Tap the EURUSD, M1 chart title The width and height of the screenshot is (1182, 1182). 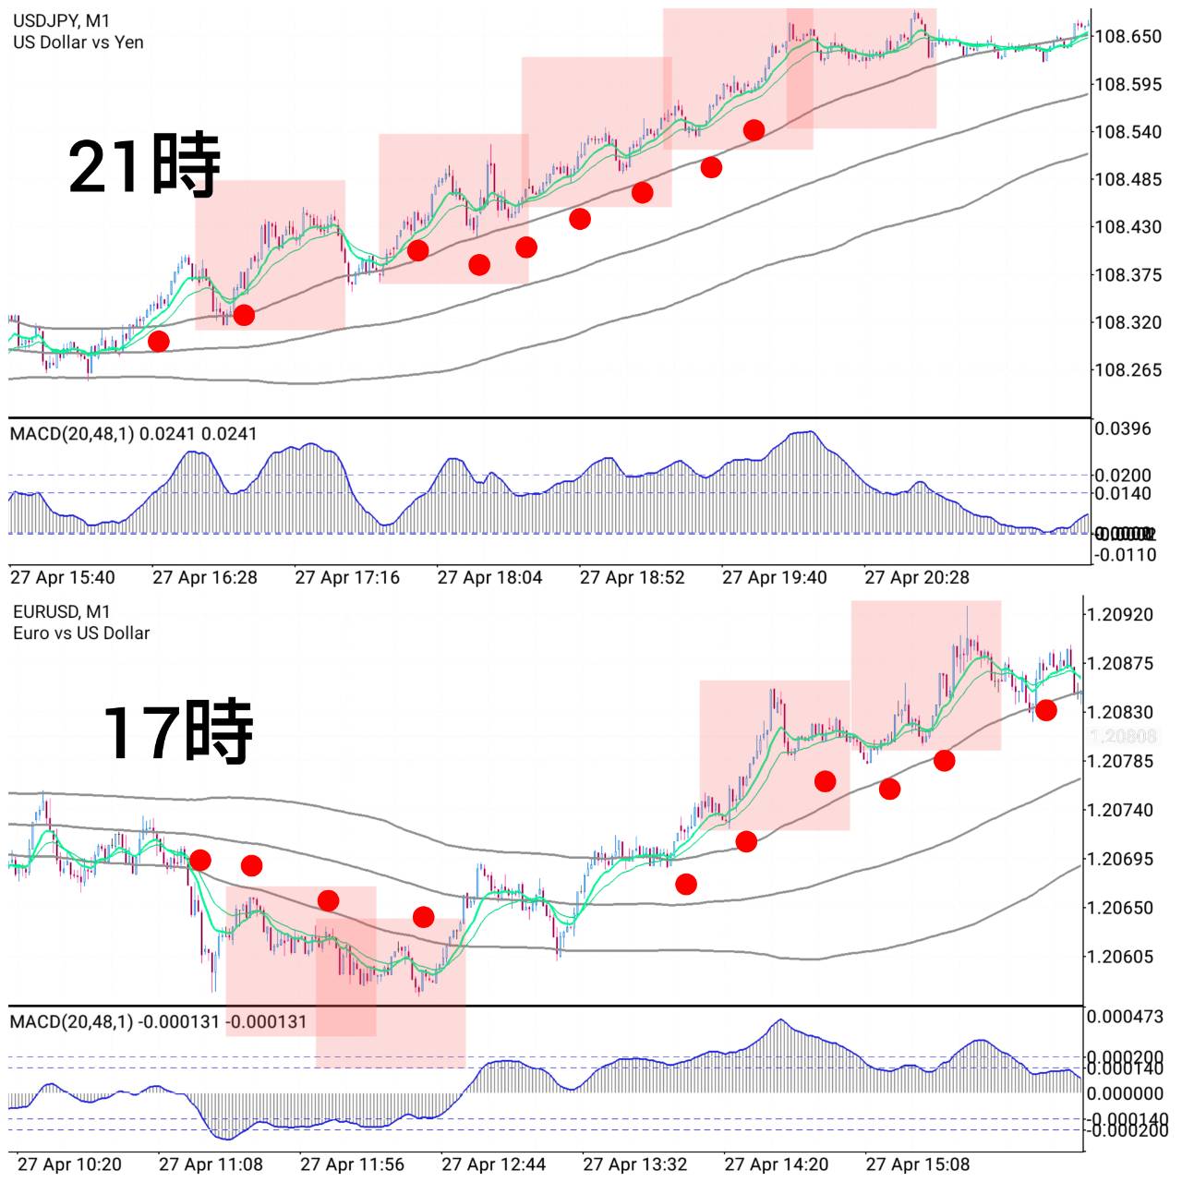(x=62, y=611)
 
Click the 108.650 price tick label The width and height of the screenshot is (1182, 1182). (x=1128, y=37)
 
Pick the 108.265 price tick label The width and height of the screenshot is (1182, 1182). (x=1128, y=370)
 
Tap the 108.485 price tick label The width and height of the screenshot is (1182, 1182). (x=1128, y=179)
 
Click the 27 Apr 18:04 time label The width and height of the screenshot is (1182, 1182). (x=489, y=578)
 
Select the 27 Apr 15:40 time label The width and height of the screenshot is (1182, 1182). (x=63, y=578)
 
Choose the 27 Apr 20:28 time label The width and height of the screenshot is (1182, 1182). (x=917, y=578)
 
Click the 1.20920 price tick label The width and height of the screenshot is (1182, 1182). (x=1120, y=615)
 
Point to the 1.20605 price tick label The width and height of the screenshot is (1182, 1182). (x=1120, y=957)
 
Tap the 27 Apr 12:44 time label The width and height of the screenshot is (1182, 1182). (x=493, y=1164)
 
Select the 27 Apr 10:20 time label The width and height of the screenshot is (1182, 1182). (x=69, y=1164)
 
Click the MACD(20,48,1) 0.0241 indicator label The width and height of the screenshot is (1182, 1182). (x=134, y=434)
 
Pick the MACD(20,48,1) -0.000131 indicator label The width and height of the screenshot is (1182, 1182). (x=158, y=1022)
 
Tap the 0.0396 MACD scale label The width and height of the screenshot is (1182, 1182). (x=1123, y=428)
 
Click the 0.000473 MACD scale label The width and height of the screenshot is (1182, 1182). (x=1125, y=1018)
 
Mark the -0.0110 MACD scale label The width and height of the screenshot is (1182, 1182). (x=1125, y=555)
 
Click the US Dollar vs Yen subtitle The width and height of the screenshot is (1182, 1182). (x=78, y=42)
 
